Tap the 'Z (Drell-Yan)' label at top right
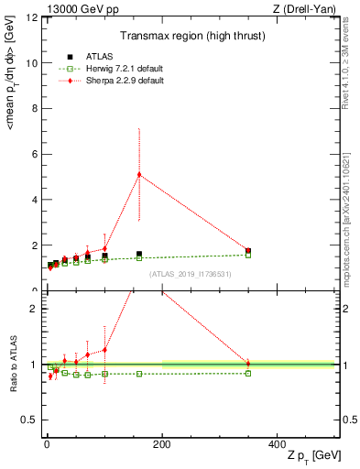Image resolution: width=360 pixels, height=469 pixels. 307,8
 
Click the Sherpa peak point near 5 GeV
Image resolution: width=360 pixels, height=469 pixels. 139,174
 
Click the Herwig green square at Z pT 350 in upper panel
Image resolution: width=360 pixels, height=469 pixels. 248,255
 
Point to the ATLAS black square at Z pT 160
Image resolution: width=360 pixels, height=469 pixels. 139,254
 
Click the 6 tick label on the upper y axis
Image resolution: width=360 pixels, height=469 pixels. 35,155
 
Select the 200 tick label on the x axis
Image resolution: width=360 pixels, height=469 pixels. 162,445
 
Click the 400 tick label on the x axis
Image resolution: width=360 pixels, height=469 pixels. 278,445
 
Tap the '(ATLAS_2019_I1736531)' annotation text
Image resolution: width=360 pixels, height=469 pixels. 189,274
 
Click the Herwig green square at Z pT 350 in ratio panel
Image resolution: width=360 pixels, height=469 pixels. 248,373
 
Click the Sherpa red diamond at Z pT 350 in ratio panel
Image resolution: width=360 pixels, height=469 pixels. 248,364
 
